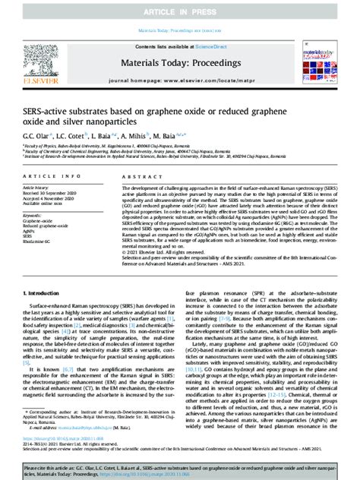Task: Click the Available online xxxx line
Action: pos(43,203)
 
